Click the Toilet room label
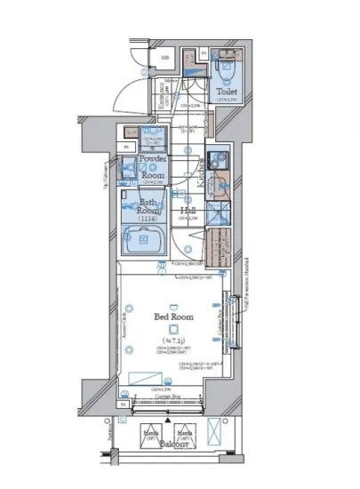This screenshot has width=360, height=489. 226,92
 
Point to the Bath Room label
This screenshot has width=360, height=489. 148,207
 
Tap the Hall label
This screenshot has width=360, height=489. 189,211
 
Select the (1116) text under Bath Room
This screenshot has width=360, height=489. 148,219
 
